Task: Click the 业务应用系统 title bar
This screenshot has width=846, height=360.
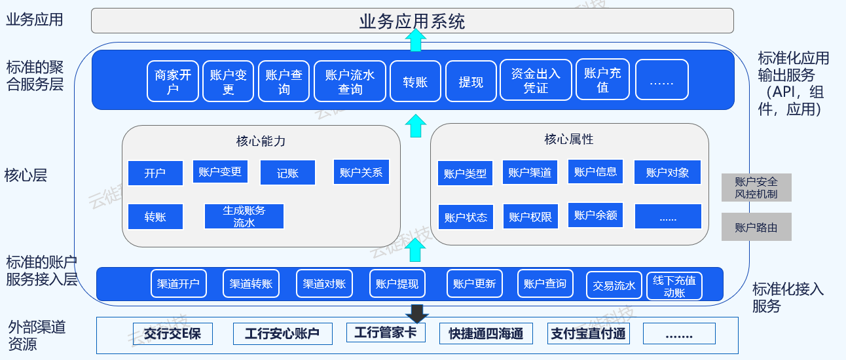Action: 412,21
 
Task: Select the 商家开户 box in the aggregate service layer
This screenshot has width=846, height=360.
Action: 173,81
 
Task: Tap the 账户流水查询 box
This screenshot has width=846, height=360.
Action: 350,81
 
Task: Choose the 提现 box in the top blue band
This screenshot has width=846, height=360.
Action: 471,81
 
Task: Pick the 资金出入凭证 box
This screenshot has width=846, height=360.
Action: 536,80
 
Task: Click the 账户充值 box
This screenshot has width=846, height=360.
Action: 602,80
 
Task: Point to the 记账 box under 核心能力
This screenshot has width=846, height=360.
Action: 287,173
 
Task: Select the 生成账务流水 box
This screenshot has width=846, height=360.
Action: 244,217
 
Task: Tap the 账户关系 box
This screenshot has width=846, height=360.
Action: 361,172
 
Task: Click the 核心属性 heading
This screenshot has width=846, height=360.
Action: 569,139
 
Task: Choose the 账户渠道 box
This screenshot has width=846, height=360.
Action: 530,173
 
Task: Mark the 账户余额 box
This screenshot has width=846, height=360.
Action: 595,215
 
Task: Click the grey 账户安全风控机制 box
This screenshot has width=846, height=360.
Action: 756,187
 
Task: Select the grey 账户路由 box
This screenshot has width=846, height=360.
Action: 756,227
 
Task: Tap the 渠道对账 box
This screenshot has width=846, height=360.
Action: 324,284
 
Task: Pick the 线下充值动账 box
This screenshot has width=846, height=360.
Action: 674,286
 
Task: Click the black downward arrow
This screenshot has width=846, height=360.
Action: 415,312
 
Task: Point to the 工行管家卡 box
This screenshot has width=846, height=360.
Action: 386,333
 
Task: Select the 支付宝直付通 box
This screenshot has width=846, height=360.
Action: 588,334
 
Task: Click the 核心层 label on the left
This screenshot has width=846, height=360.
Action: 26,175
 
